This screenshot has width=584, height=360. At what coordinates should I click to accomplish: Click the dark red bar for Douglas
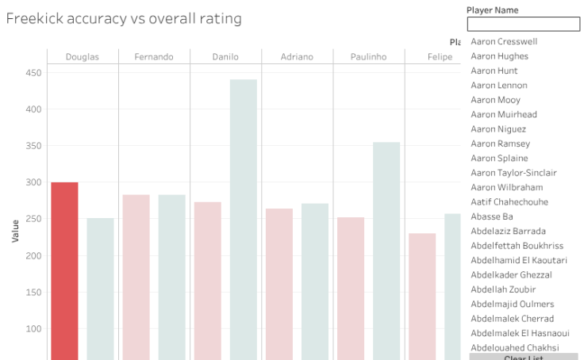pyautogui.click(x=64, y=270)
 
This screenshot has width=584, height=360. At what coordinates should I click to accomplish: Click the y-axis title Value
pyautogui.click(x=15, y=230)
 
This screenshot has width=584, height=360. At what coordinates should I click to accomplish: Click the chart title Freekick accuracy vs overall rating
pyautogui.click(x=124, y=18)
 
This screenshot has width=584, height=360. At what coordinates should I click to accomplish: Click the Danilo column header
pyautogui.click(x=225, y=57)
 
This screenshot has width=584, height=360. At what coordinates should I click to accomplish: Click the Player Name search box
pyautogui.click(x=523, y=25)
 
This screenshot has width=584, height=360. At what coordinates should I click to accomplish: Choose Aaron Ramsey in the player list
pyautogui.click(x=500, y=144)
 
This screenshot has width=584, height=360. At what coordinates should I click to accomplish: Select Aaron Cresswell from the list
pyautogui.click(x=503, y=42)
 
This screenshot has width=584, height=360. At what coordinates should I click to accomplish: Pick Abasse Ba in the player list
pyautogui.click(x=491, y=216)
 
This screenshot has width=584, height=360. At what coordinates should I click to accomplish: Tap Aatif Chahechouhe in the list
pyautogui.click(x=509, y=202)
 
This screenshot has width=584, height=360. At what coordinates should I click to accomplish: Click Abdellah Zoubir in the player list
pyautogui.click(x=502, y=289)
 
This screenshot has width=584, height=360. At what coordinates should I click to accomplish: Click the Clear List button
pyautogui.click(x=523, y=357)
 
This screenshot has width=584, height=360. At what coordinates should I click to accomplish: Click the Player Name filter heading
pyautogui.click(x=492, y=10)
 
